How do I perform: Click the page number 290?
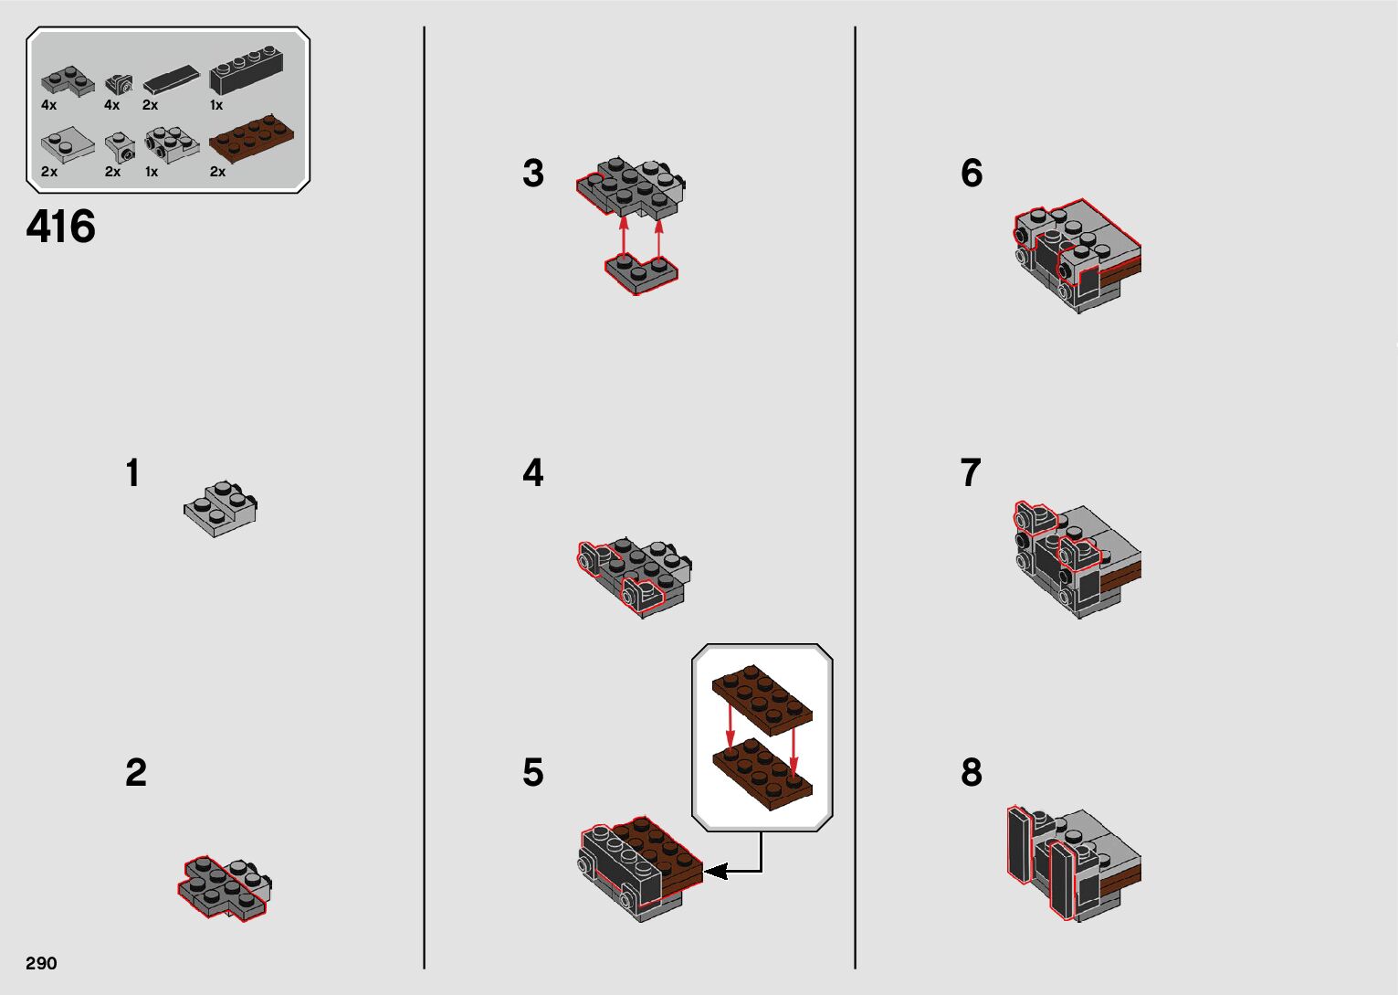pyautogui.click(x=41, y=963)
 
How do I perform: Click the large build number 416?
pyautogui.click(x=60, y=226)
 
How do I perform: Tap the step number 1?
pyautogui.click(x=132, y=472)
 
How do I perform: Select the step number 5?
pyautogui.click(x=533, y=773)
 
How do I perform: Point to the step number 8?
pyautogui.click(x=972, y=772)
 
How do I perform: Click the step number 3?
pyautogui.click(x=533, y=173)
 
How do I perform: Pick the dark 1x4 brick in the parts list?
pyautogui.click(x=246, y=70)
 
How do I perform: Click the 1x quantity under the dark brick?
pyautogui.click(x=215, y=105)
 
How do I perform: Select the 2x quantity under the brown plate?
pyautogui.click(x=217, y=172)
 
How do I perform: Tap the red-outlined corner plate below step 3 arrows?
pyautogui.click(x=642, y=273)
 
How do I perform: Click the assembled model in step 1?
pyautogui.click(x=220, y=508)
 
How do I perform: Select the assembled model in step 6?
pyautogui.click(x=1077, y=256)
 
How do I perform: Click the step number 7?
pyautogui.click(x=971, y=472)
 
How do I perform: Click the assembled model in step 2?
pyautogui.click(x=225, y=888)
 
